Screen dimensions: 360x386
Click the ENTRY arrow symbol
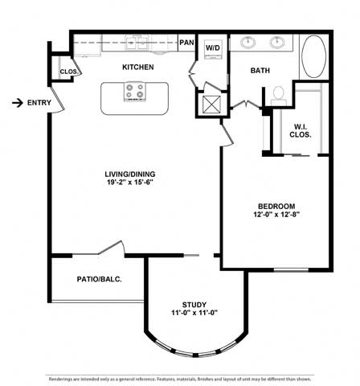coord(18,103)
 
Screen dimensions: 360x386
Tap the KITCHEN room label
coord(138,67)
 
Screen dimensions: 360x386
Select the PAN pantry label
coord(186,43)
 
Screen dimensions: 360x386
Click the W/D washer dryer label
coord(213,48)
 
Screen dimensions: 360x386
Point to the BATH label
coord(260,71)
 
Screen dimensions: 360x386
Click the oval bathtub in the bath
coord(313,56)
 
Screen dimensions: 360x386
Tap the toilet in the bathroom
coord(279,96)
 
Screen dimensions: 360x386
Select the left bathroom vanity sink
coord(247,43)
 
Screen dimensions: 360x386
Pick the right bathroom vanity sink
coord(277,43)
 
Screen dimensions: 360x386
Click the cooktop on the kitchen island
coord(135,92)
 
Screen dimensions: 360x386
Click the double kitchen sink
coord(137,43)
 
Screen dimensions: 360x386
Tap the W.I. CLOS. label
coord(301,131)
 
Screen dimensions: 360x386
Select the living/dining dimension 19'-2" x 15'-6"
coord(129,183)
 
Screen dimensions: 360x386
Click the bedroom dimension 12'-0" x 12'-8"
coord(276,215)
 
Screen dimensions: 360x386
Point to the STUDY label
coord(194,305)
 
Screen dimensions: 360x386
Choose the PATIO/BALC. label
coord(100,279)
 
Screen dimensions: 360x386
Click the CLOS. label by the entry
coord(70,72)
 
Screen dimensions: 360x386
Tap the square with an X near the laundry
coord(211,105)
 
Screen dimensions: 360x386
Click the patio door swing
coord(112,247)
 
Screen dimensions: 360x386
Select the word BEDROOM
coord(276,207)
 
